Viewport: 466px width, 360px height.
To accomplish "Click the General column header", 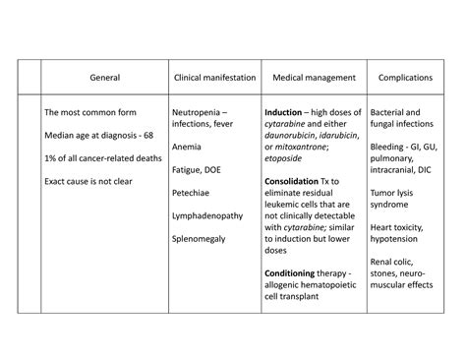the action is [105, 76].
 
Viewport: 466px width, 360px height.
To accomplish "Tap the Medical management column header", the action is [312, 76].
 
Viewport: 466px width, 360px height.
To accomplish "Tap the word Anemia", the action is [187, 148].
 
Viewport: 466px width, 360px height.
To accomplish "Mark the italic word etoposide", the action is [290, 159].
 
